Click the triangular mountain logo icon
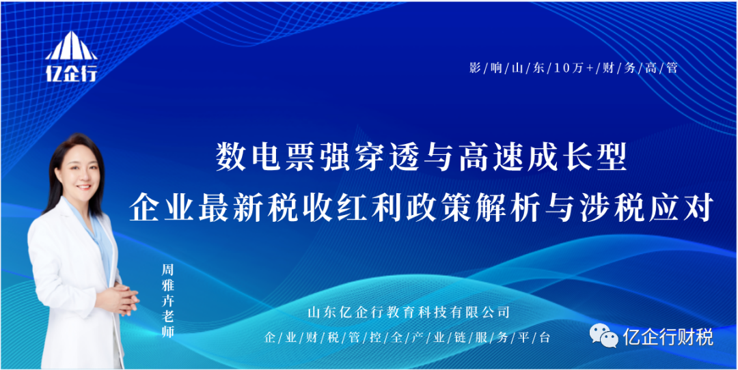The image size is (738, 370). click(72, 46)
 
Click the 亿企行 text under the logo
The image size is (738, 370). click(72, 72)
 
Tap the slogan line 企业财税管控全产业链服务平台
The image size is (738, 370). click(407, 337)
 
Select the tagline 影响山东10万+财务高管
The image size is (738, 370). click(573, 68)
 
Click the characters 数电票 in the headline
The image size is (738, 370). click(262, 158)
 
